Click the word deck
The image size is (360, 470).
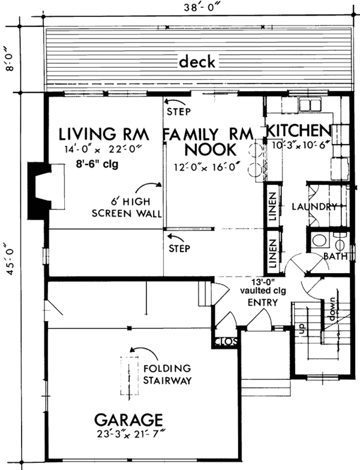point(197,62)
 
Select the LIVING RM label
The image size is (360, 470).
point(104,134)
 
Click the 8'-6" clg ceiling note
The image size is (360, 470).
point(97,164)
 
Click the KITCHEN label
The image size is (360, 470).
point(299,130)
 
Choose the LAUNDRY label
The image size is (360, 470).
point(314,206)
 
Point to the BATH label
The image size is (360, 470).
point(336,256)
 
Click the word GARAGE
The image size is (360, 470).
point(128,420)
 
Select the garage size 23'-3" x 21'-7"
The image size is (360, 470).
point(131,435)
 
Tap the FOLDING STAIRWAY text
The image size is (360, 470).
point(167,374)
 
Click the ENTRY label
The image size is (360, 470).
point(263,303)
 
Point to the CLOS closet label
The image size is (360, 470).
point(226,342)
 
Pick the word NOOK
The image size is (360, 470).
point(211,149)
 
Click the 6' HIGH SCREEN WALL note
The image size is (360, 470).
point(127,208)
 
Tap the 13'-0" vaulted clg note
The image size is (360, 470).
point(263,286)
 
